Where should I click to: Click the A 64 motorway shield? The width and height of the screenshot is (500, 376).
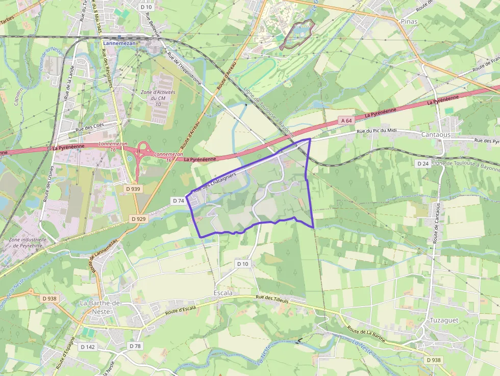(x=346, y=120)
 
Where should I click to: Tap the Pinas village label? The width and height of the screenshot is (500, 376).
(x=409, y=21)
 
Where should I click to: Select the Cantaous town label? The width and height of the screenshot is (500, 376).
(x=436, y=134)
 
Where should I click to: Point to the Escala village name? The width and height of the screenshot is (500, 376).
(x=222, y=293)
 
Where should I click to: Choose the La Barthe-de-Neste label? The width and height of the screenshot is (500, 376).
(x=101, y=307)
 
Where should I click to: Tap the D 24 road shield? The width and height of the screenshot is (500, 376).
(x=422, y=164)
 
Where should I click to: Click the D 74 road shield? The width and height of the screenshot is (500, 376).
(x=179, y=200)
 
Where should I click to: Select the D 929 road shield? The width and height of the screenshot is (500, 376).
(x=138, y=218)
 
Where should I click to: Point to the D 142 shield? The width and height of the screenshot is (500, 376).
(x=88, y=347)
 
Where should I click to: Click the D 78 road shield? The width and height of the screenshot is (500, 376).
(x=135, y=346)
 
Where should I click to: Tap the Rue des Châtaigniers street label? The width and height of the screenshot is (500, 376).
(x=214, y=182)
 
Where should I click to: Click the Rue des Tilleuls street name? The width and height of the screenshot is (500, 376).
(x=272, y=299)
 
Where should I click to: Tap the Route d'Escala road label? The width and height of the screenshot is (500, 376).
(x=180, y=309)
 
